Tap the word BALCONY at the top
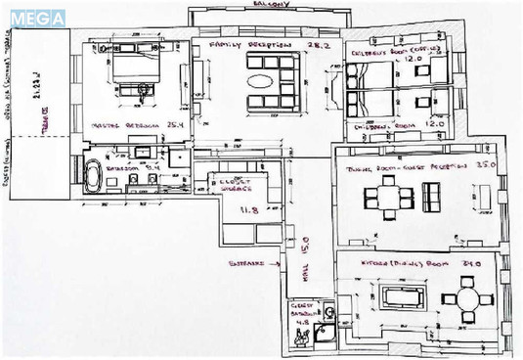pyautogui.click(x=271, y=5)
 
